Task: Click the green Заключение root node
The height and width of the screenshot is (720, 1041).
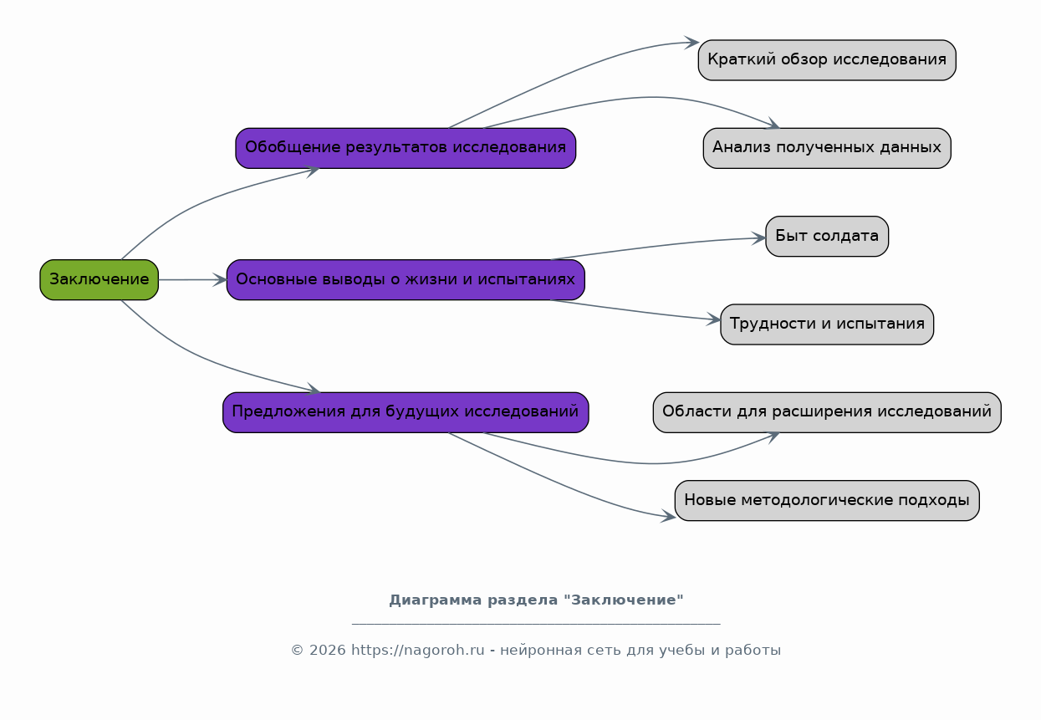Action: [99, 280]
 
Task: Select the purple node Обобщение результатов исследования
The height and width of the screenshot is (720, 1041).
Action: [406, 148]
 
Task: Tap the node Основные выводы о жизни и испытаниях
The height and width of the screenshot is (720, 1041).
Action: [406, 280]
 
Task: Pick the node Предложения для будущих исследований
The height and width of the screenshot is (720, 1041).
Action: [406, 412]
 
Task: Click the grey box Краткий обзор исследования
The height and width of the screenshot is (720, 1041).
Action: [827, 60]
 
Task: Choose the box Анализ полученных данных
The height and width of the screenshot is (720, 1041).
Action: [827, 148]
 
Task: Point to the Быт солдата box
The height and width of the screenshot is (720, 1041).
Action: [827, 236]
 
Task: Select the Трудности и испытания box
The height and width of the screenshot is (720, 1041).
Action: [827, 324]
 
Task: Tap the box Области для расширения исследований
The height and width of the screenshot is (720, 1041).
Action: [827, 412]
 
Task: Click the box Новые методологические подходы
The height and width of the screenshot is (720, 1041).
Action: [827, 501]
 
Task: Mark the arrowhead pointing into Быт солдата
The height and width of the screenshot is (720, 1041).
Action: [759, 238]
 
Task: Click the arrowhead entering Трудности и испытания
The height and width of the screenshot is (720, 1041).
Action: [714, 319]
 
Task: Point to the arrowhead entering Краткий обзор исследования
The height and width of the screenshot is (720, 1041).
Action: [692, 43]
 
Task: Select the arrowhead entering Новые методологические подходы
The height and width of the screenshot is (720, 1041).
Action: [669, 517]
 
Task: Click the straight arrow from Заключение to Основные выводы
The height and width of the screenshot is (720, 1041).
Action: [192, 280]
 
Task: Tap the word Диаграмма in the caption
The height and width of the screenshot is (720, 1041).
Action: [436, 600]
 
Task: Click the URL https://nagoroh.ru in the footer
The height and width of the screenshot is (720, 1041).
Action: [418, 650]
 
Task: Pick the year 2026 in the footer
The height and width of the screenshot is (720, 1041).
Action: [328, 650]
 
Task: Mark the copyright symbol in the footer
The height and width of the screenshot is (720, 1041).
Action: [298, 650]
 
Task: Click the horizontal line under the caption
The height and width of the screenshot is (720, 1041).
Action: [536, 624]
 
